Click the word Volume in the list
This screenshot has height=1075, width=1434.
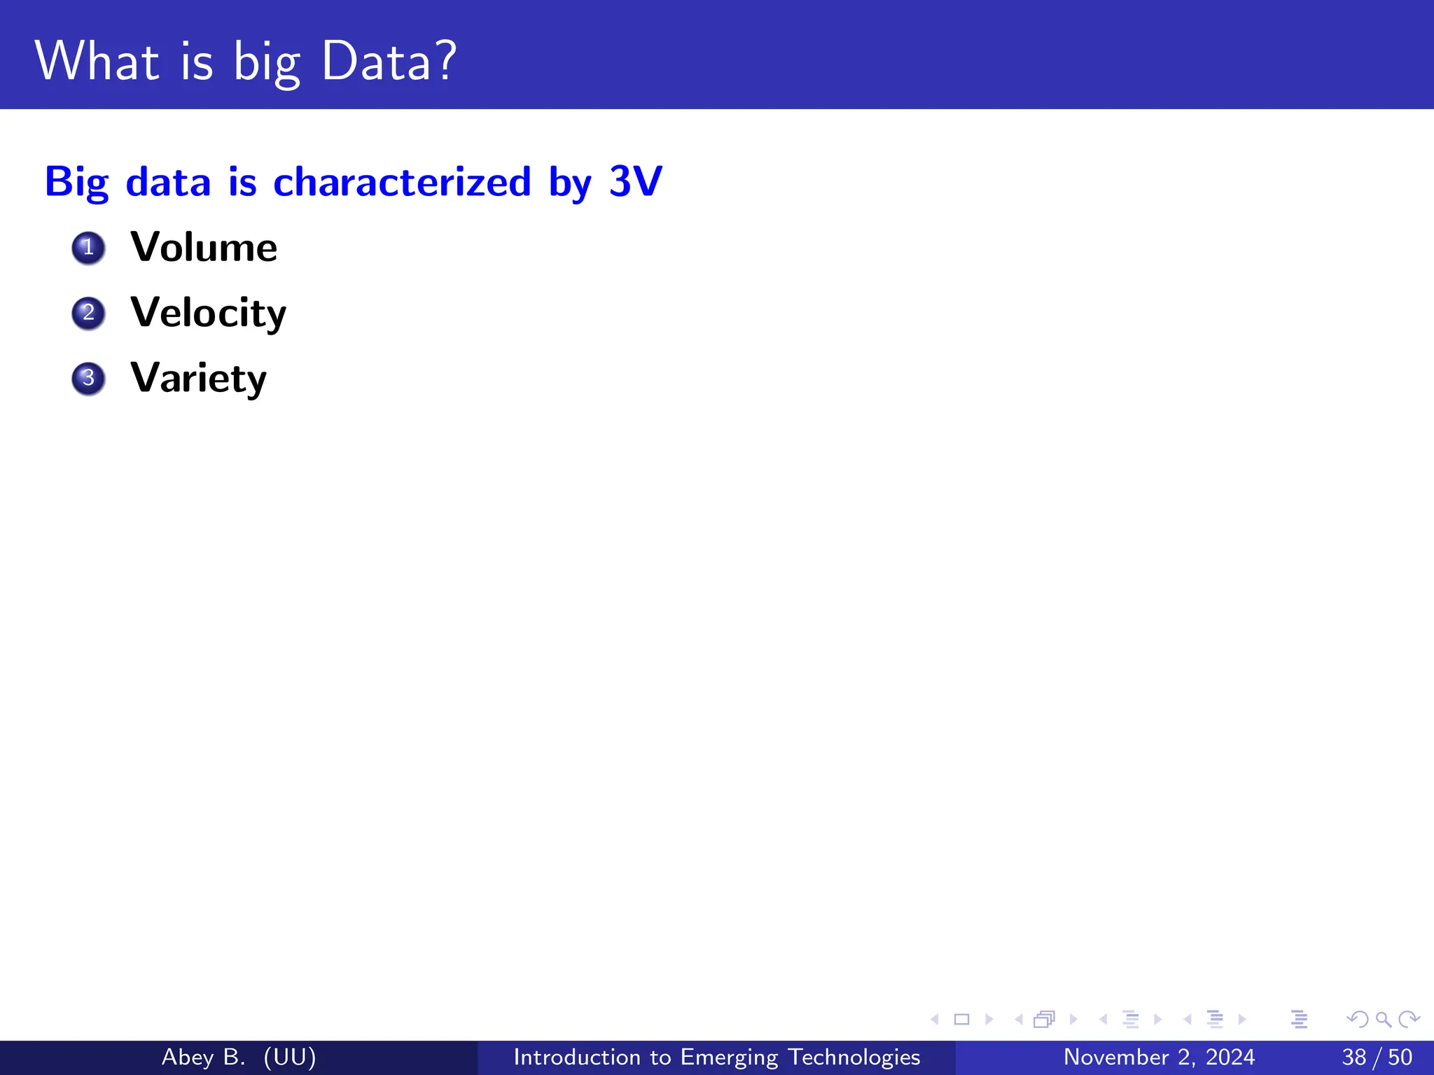pos(204,247)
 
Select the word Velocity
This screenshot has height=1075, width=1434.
pos(208,313)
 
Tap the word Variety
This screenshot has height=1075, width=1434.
pos(198,378)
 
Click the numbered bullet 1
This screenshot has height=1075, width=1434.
pos(88,248)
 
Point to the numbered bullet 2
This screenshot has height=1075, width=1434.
pos(88,313)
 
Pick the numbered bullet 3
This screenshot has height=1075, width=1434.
pos(88,379)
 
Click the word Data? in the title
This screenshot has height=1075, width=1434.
pos(389,62)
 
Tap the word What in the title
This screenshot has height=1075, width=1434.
pos(97,62)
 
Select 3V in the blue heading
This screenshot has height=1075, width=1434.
pos(635,181)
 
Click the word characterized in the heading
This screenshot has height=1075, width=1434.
pos(402,182)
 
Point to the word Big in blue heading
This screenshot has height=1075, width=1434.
pos(76,182)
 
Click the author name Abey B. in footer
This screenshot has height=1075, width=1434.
pos(203,1057)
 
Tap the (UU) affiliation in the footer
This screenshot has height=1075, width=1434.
pos(290,1057)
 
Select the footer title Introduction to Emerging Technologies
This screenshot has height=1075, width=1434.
pos(716,1057)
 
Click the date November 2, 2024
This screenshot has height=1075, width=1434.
pos(1159,1057)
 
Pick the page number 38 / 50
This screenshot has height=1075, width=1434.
pos(1377,1057)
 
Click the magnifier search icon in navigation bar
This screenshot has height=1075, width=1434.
pos(1383,1020)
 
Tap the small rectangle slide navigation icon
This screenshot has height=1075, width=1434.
pos(962,1020)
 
